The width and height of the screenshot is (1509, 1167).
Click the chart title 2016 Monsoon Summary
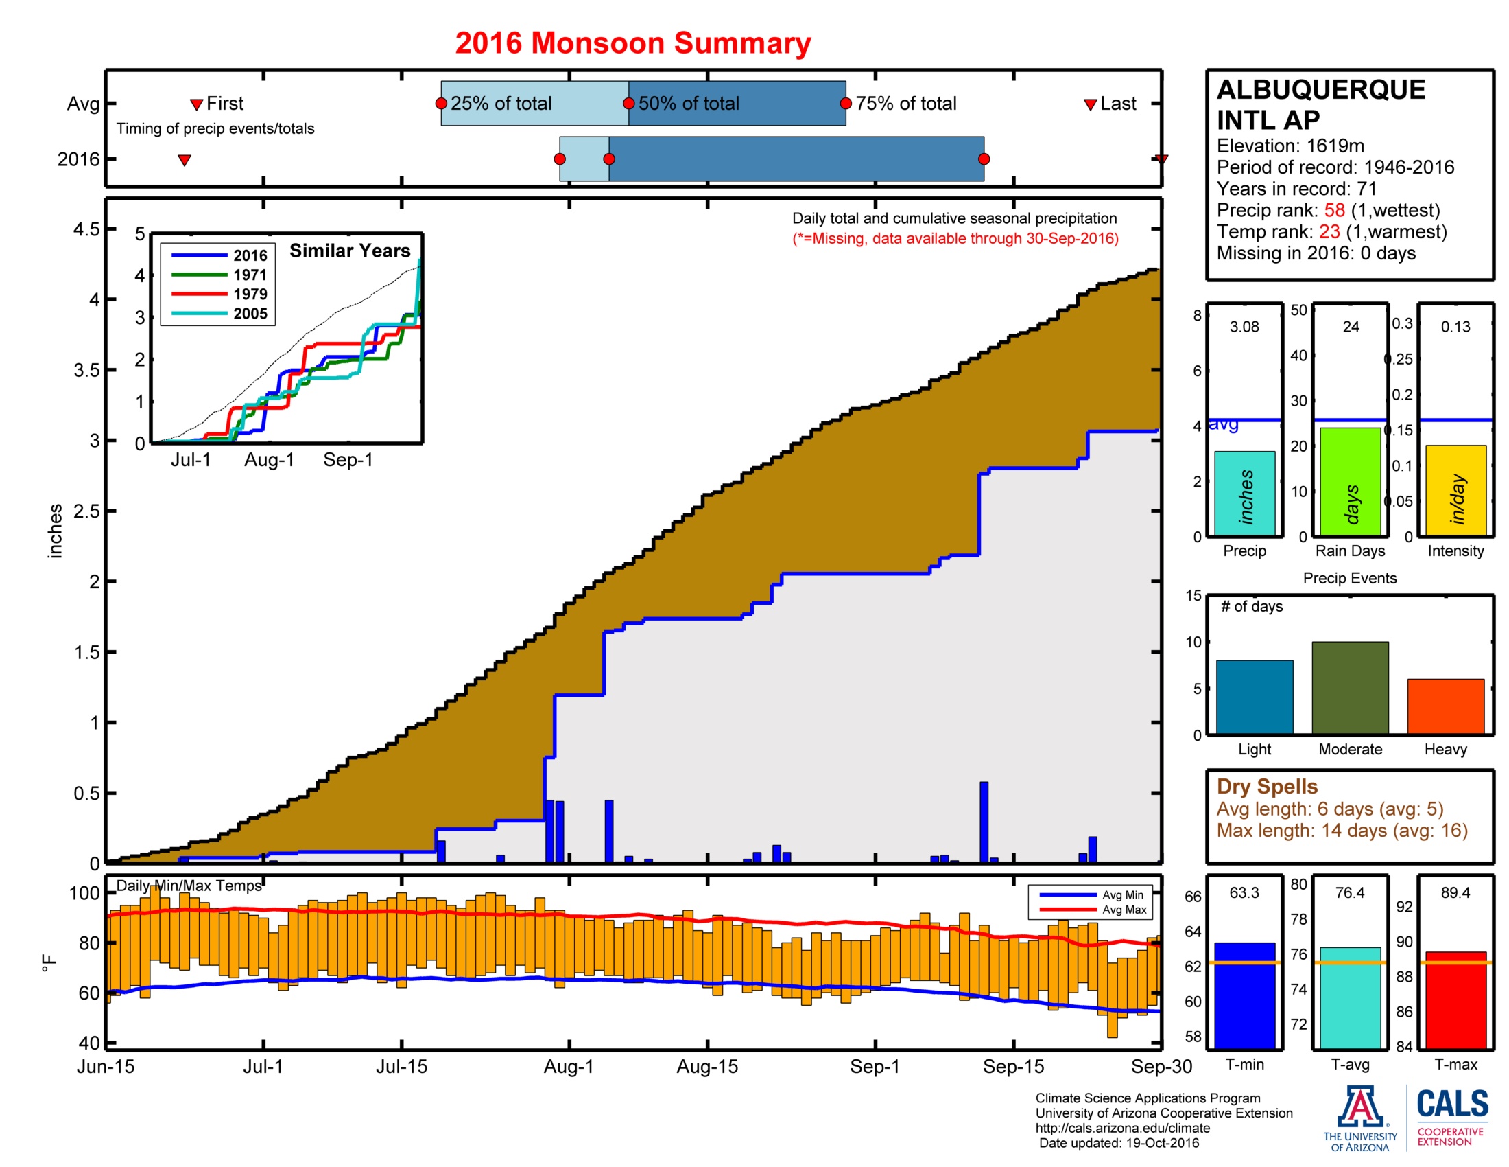632,43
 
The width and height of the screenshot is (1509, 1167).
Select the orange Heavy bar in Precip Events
1445,706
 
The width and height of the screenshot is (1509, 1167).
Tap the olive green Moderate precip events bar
1349,687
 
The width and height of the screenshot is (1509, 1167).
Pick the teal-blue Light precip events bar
1254,697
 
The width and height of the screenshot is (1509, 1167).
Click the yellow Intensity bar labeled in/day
1455,490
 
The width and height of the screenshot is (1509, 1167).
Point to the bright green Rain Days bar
1349,482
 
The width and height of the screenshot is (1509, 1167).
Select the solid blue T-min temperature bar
1244,995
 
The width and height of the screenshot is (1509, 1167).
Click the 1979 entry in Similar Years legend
250,294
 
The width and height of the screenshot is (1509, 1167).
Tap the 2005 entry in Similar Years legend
250,314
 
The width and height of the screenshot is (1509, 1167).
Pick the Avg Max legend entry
1124,910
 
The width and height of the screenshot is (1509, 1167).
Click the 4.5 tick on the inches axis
86,229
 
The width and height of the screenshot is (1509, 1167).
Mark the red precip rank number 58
1334,210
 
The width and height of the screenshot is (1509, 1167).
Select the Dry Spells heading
1266,786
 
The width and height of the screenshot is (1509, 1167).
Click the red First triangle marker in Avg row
196,104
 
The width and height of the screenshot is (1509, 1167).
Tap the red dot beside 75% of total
846,104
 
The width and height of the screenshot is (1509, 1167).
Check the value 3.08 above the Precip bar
1244,327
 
